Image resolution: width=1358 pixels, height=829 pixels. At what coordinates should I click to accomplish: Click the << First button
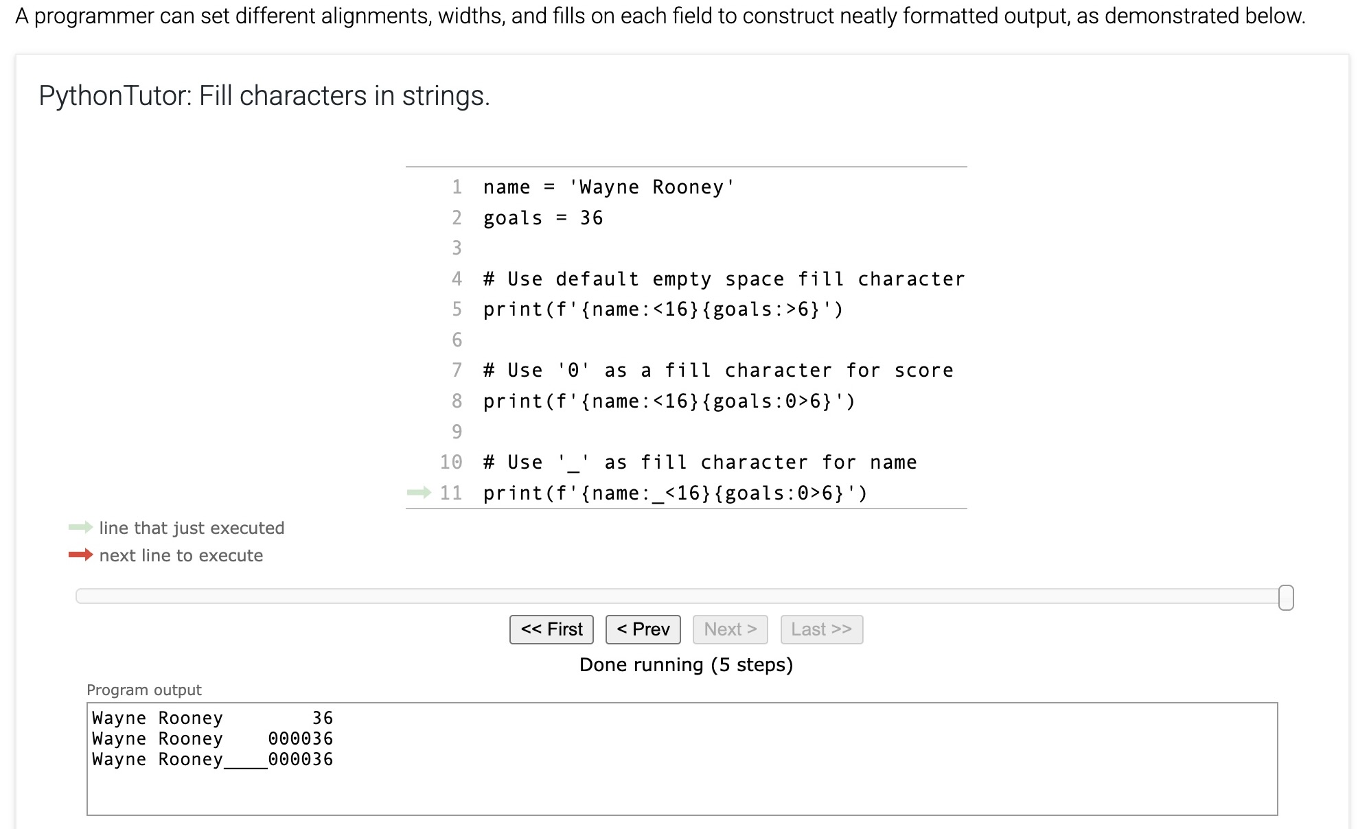click(x=551, y=629)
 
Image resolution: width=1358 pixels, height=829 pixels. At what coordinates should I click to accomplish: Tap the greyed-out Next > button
click(x=730, y=629)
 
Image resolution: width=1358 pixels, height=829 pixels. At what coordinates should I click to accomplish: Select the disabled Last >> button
click(x=821, y=629)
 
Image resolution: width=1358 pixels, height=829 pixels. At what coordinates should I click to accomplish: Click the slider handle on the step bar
click(x=1286, y=598)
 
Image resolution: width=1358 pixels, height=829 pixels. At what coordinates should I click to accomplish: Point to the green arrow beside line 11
click(x=419, y=492)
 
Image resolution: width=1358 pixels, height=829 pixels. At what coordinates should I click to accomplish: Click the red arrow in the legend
click(x=80, y=554)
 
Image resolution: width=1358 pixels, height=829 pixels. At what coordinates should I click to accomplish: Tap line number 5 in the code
click(x=457, y=310)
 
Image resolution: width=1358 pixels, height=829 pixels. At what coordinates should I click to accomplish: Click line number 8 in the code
click(x=457, y=401)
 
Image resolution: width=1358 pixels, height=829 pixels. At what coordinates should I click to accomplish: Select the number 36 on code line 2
click(x=591, y=218)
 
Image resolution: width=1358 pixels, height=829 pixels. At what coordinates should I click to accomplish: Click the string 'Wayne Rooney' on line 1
click(x=652, y=187)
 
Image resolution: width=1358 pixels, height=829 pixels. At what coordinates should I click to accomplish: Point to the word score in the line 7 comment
click(x=923, y=371)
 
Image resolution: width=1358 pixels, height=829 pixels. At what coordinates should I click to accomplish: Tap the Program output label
click(x=144, y=690)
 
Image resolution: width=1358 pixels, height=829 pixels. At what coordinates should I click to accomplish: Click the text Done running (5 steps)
click(x=686, y=664)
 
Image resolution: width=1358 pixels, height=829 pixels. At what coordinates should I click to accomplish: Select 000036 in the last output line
click(x=301, y=759)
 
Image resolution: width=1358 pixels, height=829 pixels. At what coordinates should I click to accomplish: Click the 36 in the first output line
click(x=323, y=718)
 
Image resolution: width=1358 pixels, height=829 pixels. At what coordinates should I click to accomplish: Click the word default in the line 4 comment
click(x=597, y=279)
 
